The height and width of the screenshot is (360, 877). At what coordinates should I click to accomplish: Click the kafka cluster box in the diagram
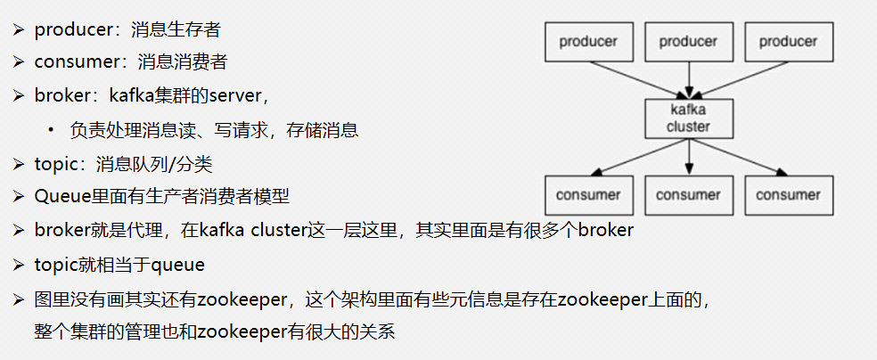pos(688,118)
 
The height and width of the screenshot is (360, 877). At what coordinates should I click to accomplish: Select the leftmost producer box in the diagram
pos(587,42)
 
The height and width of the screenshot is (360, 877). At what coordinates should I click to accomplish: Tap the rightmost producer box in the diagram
pos(788,42)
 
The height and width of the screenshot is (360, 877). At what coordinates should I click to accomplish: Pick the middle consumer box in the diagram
pos(688,195)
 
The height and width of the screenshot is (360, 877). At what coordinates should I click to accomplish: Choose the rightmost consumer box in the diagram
pos(788,195)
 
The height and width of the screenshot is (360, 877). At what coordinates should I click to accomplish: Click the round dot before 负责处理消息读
pos(53,129)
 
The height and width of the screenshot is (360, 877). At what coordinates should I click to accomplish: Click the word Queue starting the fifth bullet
pos(58,197)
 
